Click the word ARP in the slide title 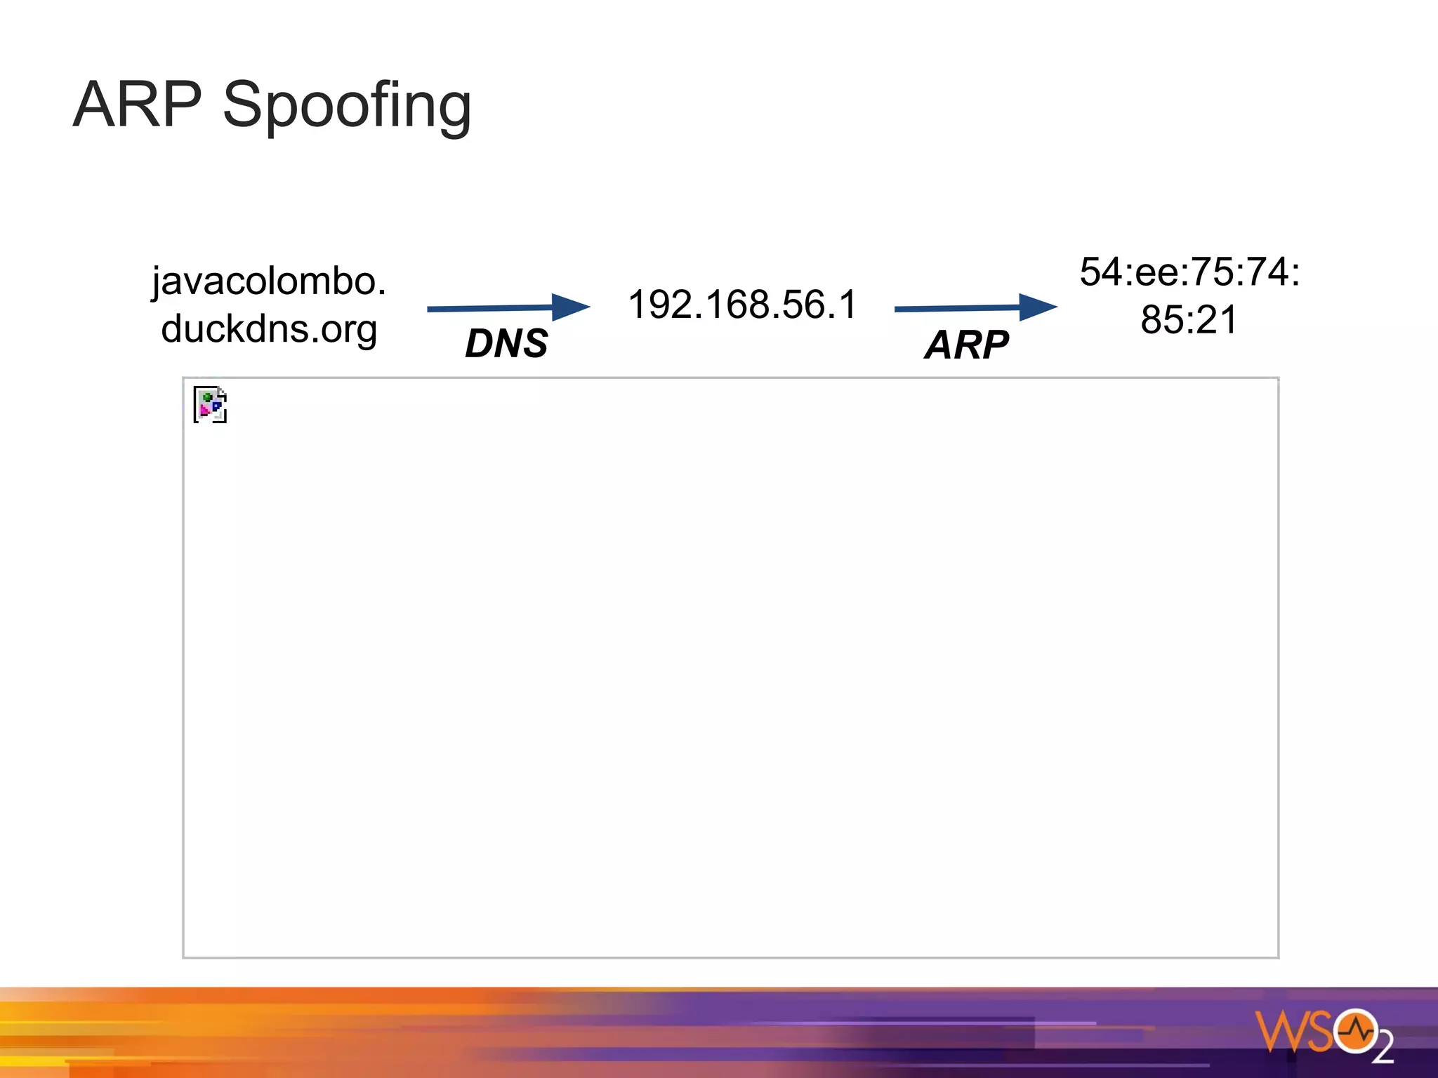click(138, 105)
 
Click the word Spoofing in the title click(347, 107)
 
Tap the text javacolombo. click(269, 281)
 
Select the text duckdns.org click(269, 329)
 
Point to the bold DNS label click(506, 343)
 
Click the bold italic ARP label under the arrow click(967, 345)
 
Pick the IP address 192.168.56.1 click(743, 305)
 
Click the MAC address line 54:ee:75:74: click(1189, 272)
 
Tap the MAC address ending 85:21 click(1189, 319)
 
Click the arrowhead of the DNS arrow click(570, 307)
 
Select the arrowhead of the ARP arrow click(1037, 307)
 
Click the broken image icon click(210, 405)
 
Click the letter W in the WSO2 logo click(1279, 1031)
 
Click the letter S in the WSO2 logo click(1318, 1031)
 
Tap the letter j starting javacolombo click(157, 284)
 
